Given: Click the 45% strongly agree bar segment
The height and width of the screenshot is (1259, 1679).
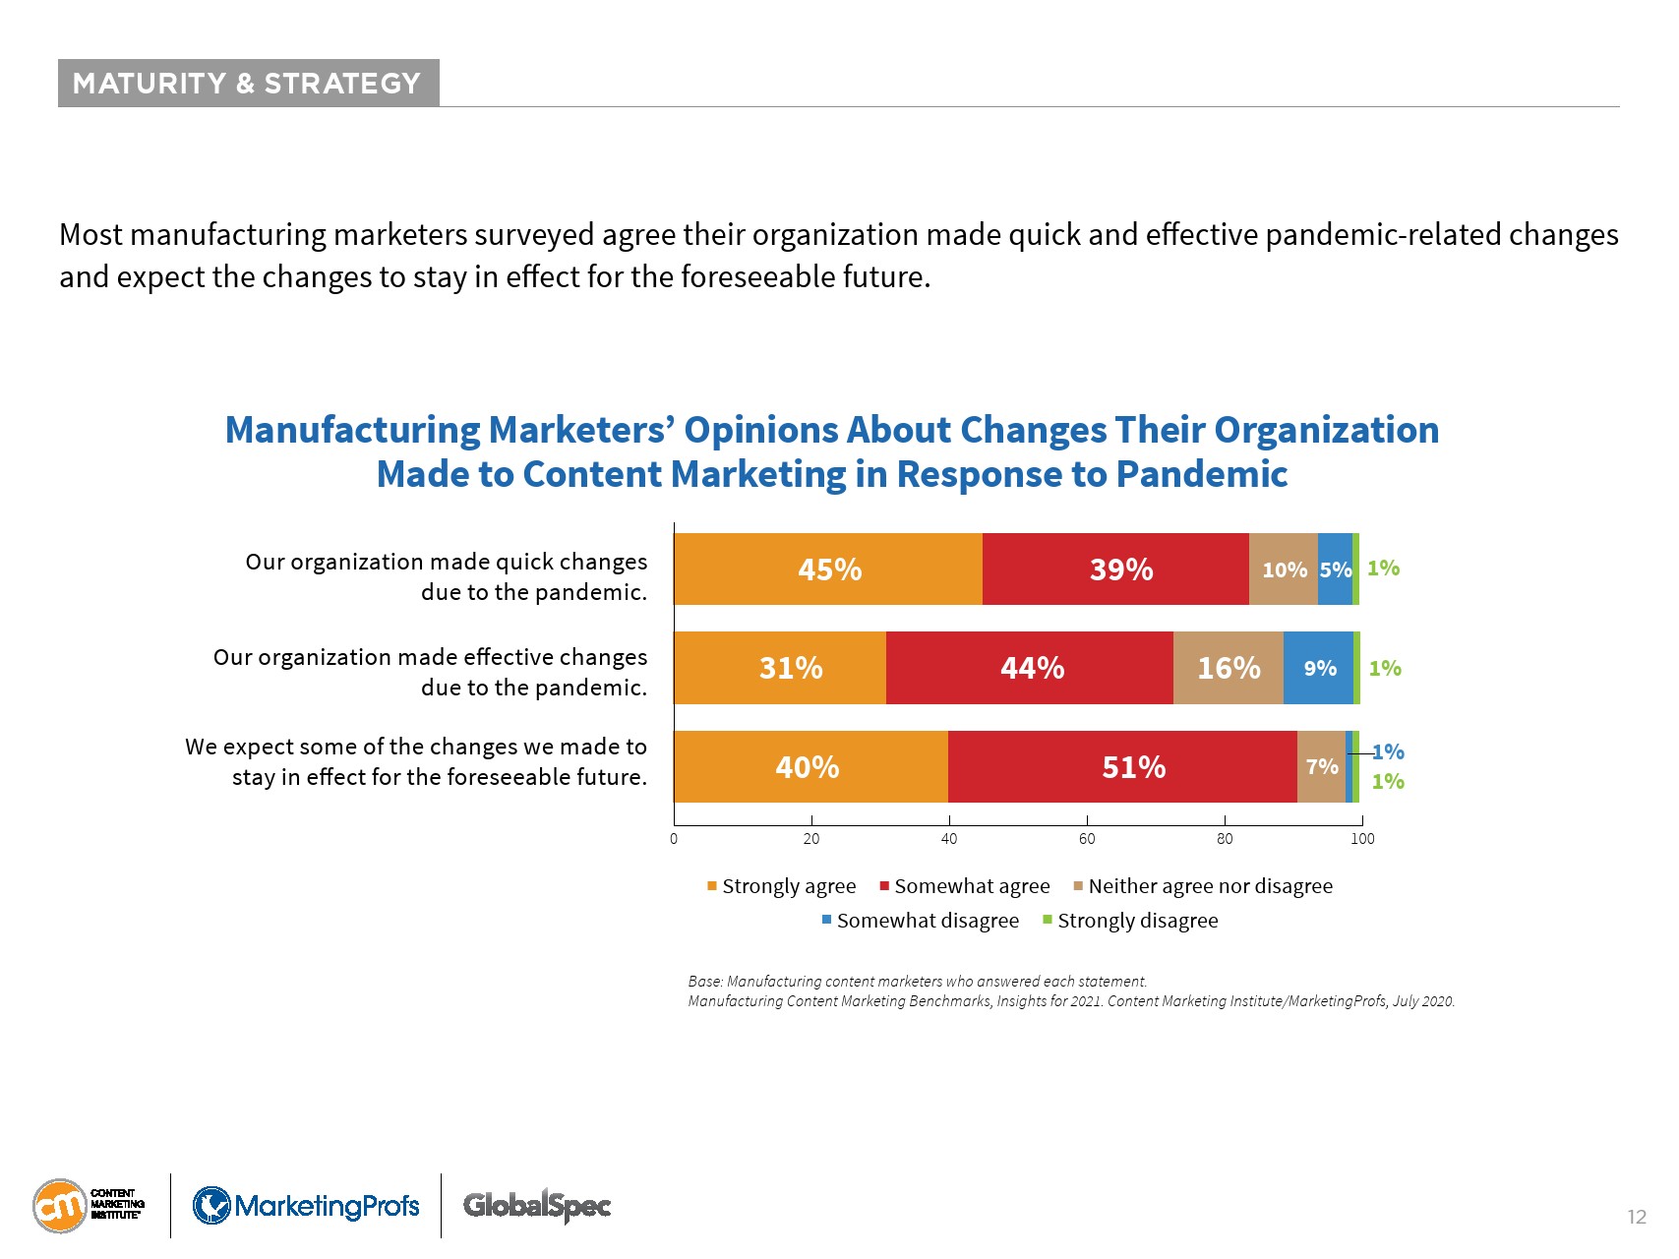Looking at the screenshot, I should click(828, 570).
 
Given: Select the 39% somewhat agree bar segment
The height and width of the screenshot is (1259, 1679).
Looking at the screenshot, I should click(1115, 570).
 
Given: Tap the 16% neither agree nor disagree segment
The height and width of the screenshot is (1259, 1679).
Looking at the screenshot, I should click(1228, 668).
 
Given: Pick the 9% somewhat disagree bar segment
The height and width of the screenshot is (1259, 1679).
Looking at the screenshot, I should click(1318, 668).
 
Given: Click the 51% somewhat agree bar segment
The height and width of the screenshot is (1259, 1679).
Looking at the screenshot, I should click(1122, 766).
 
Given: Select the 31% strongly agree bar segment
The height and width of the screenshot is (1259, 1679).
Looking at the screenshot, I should click(780, 668).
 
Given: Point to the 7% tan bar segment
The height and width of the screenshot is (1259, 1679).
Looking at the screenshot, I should click(1321, 766).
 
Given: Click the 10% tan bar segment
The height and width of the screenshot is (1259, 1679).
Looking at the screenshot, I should click(1284, 570).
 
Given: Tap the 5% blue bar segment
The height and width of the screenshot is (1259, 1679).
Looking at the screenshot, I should click(1335, 570).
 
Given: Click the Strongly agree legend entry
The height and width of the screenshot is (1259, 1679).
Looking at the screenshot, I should click(782, 886).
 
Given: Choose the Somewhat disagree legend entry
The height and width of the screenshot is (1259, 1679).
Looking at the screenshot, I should click(921, 921).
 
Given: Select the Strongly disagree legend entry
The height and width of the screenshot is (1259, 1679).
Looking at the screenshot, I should click(1130, 921).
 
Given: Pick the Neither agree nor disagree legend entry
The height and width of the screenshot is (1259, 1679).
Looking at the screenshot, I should click(1202, 886).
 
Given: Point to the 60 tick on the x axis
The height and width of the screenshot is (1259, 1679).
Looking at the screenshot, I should click(1087, 839).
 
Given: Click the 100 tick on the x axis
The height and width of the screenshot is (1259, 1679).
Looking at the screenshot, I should click(1362, 839).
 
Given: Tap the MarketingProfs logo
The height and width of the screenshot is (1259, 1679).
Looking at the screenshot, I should click(306, 1206).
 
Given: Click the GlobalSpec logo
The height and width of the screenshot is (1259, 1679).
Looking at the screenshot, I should click(537, 1206).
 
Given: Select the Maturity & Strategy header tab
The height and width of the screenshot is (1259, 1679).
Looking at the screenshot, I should click(248, 84).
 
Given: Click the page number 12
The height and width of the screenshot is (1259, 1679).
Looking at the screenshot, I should click(1637, 1218).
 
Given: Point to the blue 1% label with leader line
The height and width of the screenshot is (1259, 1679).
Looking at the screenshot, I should click(1389, 752).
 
